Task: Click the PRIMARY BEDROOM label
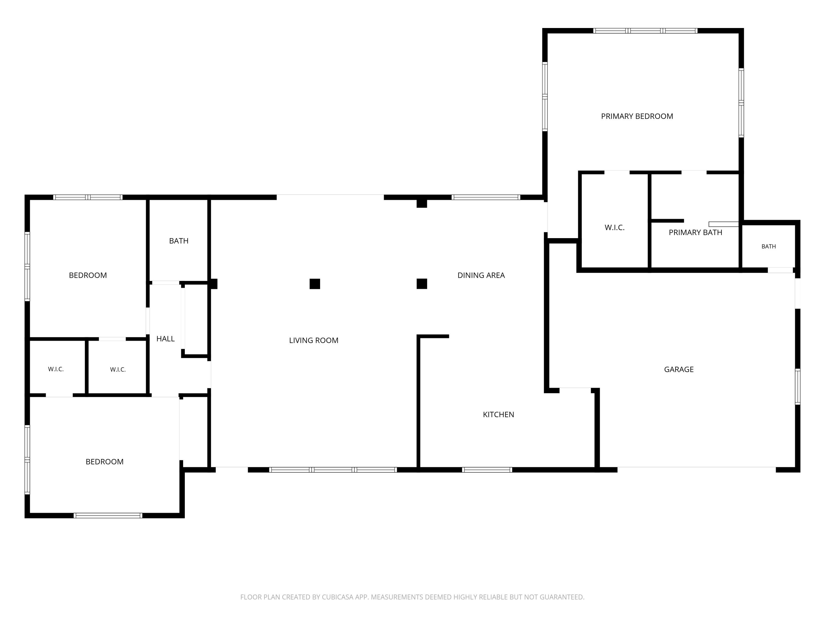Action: pyautogui.click(x=637, y=116)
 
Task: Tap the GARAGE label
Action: pyautogui.click(x=679, y=369)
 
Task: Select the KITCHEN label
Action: pyautogui.click(x=498, y=414)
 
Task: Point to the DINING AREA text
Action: pyautogui.click(x=481, y=275)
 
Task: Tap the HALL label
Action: pyautogui.click(x=165, y=339)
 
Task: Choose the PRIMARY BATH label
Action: pyautogui.click(x=695, y=232)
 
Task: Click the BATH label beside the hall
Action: pyautogui.click(x=179, y=241)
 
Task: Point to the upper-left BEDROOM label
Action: pyautogui.click(x=88, y=275)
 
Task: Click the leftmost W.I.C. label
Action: pyautogui.click(x=56, y=369)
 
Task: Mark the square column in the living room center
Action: pyautogui.click(x=315, y=284)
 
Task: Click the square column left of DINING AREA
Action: pyautogui.click(x=422, y=284)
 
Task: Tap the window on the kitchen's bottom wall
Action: pyautogui.click(x=487, y=470)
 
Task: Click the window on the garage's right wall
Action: pyautogui.click(x=798, y=386)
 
